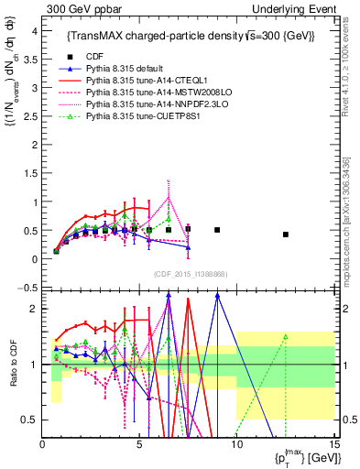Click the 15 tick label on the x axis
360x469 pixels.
(x=333, y=446)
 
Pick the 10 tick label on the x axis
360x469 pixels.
(x=236, y=446)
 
